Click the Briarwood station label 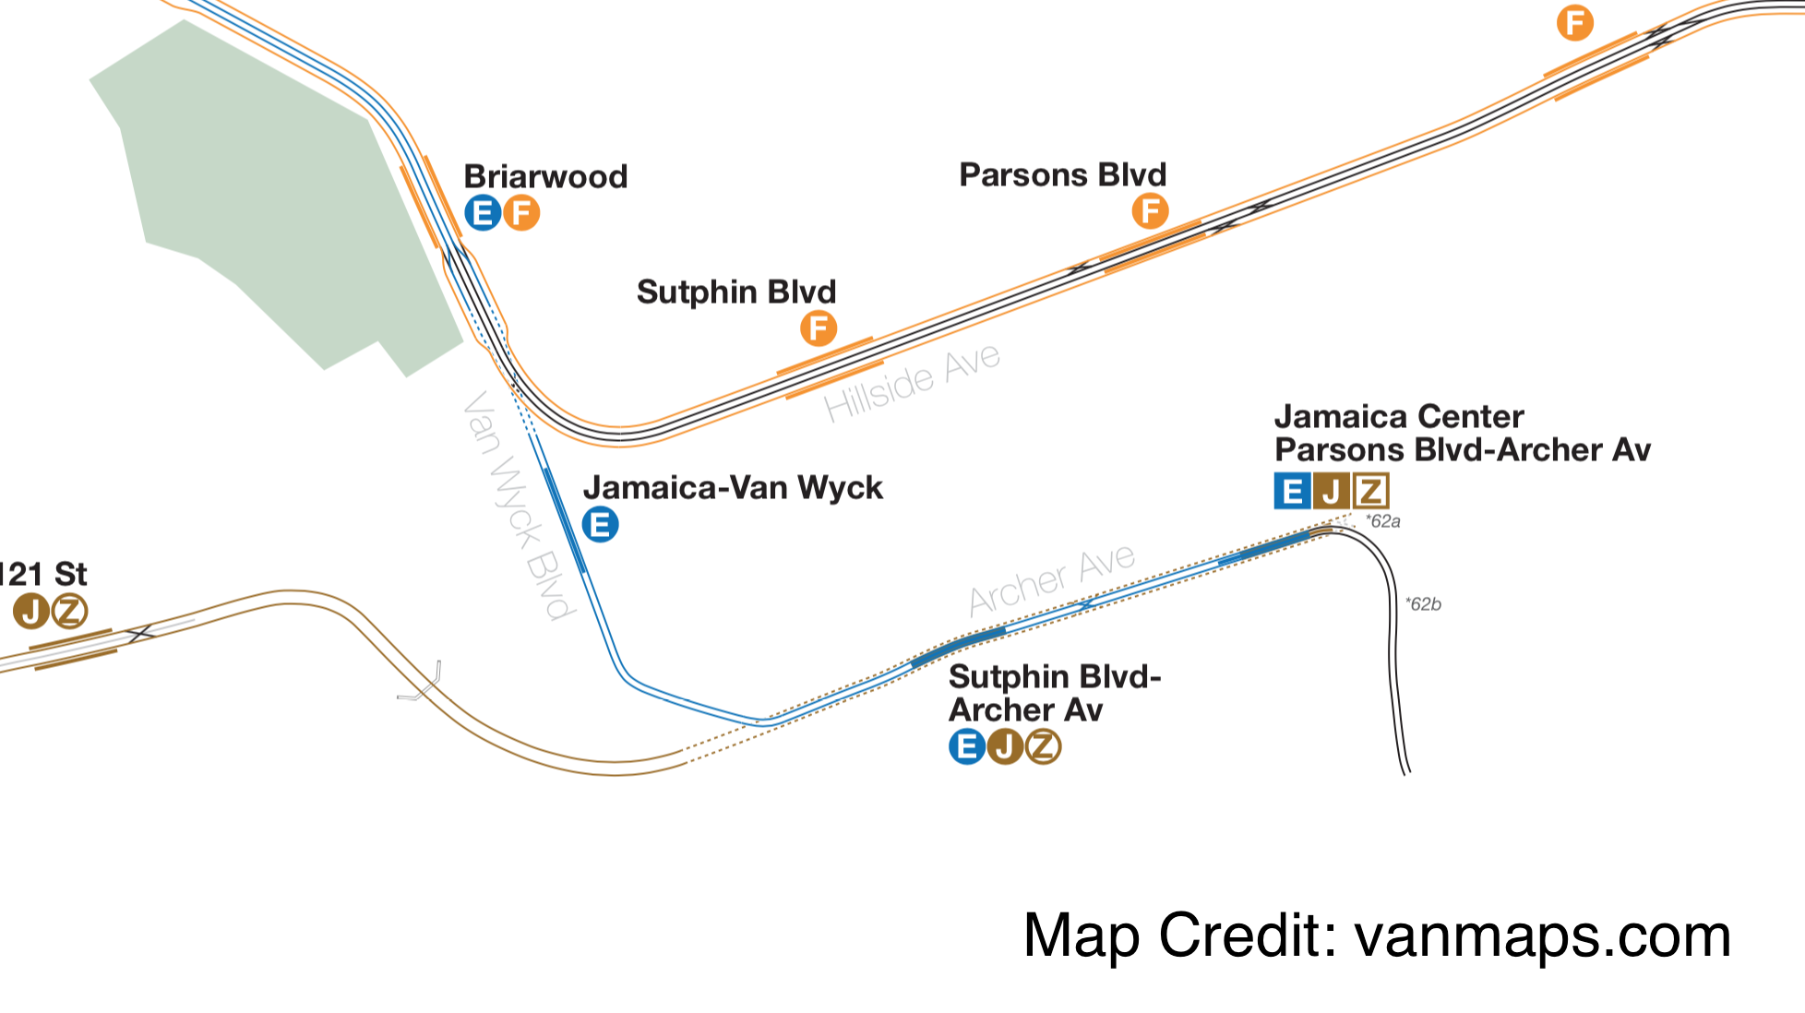pyautogui.click(x=545, y=176)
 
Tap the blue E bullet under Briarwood pyautogui.click(x=483, y=213)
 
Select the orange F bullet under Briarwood pyautogui.click(x=521, y=213)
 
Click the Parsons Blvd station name pyautogui.click(x=1062, y=174)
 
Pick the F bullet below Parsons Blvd pyautogui.click(x=1150, y=211)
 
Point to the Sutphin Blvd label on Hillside pyautogui.click(x=735, y=292)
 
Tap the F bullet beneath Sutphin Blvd pyautogui.click(x=819, y=328)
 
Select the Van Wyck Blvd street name pyautogui.click(x=519, y=505)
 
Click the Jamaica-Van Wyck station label pyautogui.click(x=733, y=487)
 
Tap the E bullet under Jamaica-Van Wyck pyautogui.click(x=601, y=525)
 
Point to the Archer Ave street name pyautogui.click(x=1052, y=579)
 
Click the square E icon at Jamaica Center pyautogui.click(x=1292, y=491)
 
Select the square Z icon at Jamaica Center pyautogui.click(x=1371, y=491)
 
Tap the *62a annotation pyautogui.click(x=1383, y=521)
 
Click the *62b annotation pyautogui.click(x=1423, y=604)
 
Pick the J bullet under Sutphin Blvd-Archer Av pyautogui.click(x=1005, y=746)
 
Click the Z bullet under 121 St pyautogui.click(x=69, y=611)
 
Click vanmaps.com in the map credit pyautogui.click(x=1542, y=936)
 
